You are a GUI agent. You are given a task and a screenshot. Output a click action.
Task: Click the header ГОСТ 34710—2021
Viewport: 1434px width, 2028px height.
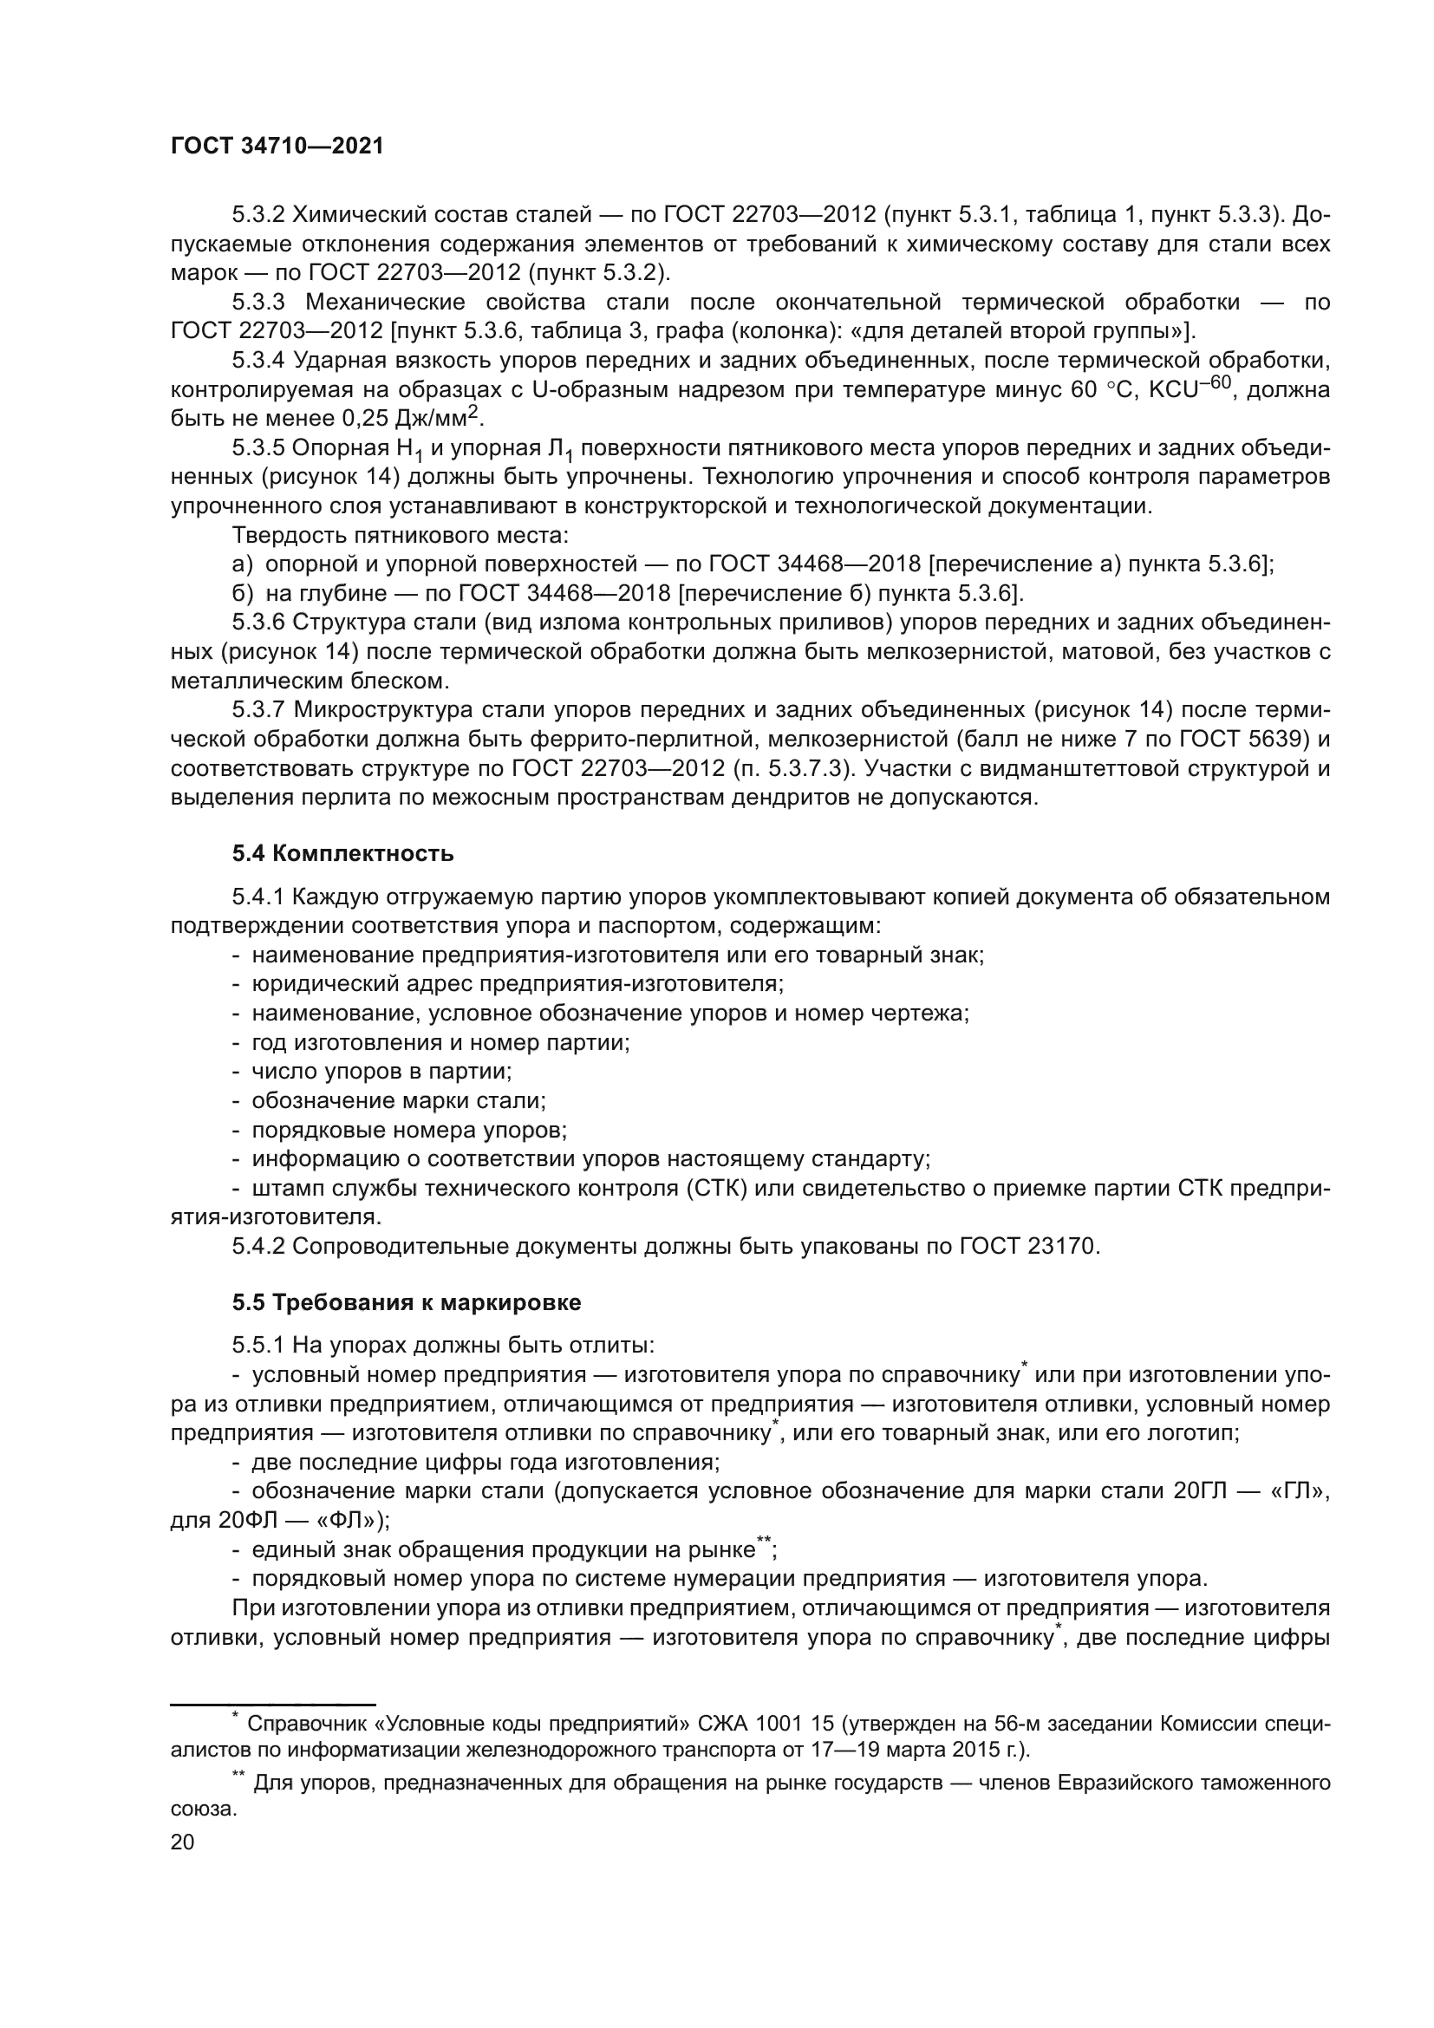(277, 147)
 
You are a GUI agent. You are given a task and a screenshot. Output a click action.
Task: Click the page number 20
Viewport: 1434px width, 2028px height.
(182, 1842)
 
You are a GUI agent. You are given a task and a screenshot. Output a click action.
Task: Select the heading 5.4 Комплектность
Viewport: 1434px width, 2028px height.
(342, 853)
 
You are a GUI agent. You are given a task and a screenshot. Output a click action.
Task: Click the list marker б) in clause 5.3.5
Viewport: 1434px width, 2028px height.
(243, 593)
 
